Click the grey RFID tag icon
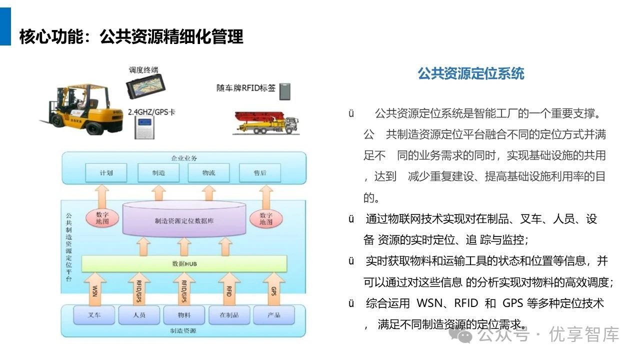click(x=284, y=90)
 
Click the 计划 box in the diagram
click(x=106, y=172)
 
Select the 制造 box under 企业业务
click(x=158, y=172)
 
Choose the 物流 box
click(x=208, y=172)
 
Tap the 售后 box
click(x=260, y=172)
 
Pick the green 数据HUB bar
click(x=184, y=263)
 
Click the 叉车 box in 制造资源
click(x=94, y=315)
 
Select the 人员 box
click(x=139, y=315)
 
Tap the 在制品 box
click(x=229, y=315)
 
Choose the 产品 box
click(x=273, y=315)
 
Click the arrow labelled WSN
click(x=95, y=289)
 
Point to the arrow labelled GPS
click(x=273, y=289)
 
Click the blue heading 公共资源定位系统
click(x=471, y=74)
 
